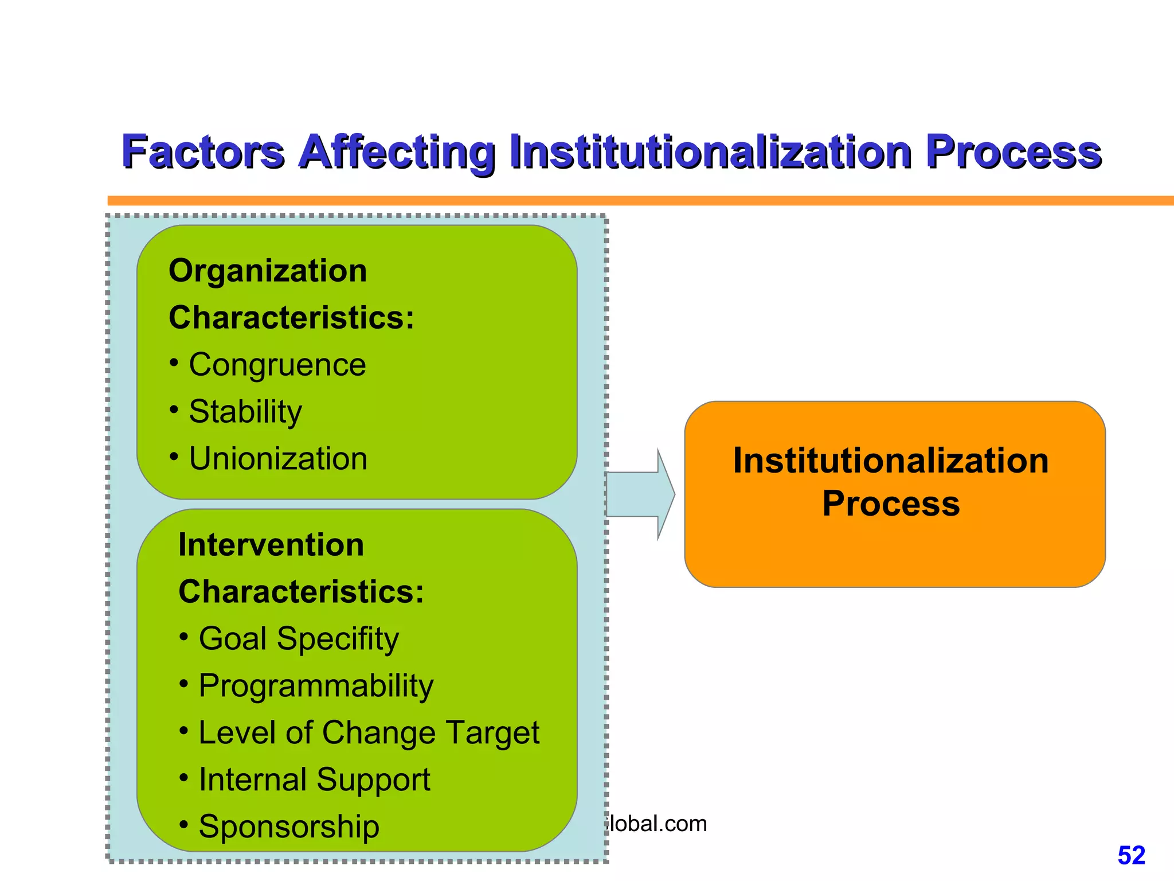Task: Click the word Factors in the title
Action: pos(203,152)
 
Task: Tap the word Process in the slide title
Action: pos(1013,152)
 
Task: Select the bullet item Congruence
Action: pos(277,365)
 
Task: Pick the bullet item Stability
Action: pos(245,412)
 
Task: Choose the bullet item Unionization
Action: pos(278,459)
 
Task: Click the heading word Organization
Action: pos(268,271)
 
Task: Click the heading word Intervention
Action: pos(271,545)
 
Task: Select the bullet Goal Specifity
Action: pos(298,639)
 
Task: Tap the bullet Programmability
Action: pos(316,686)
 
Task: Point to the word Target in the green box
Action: pos(492,733)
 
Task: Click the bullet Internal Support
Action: pos(314,780)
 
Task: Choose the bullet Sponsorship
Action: pos(289,827)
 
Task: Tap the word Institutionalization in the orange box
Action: pos(891,461)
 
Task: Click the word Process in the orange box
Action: pos(891,504)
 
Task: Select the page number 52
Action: pos(1131,856)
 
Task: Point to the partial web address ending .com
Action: pos(657,824)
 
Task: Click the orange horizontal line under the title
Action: pos(631,201)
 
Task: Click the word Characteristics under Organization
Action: pos(291,318)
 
